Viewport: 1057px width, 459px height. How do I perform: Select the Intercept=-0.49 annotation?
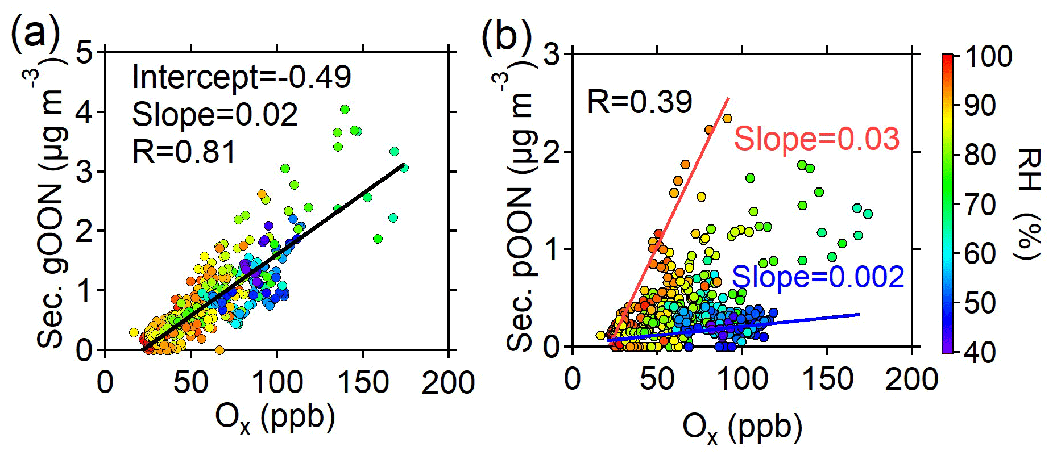[242, 77]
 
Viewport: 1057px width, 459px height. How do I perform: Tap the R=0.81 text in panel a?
[184, 152]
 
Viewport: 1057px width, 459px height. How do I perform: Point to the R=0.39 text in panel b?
[639, 102]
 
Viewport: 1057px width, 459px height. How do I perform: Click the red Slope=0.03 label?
[816, 139]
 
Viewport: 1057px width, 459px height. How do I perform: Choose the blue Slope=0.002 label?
[818, 277]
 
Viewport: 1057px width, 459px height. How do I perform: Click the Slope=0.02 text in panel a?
[215, 115]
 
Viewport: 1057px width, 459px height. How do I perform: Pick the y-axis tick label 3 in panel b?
[551, 56]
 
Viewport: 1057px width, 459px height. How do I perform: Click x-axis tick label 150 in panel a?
[363, 382]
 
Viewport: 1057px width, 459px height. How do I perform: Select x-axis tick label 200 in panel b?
[911, 379]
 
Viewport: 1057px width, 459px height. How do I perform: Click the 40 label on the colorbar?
[980, 353]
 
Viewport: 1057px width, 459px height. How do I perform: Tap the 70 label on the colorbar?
[980, 205]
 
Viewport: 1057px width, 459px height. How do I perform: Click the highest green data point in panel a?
[345, 109]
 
